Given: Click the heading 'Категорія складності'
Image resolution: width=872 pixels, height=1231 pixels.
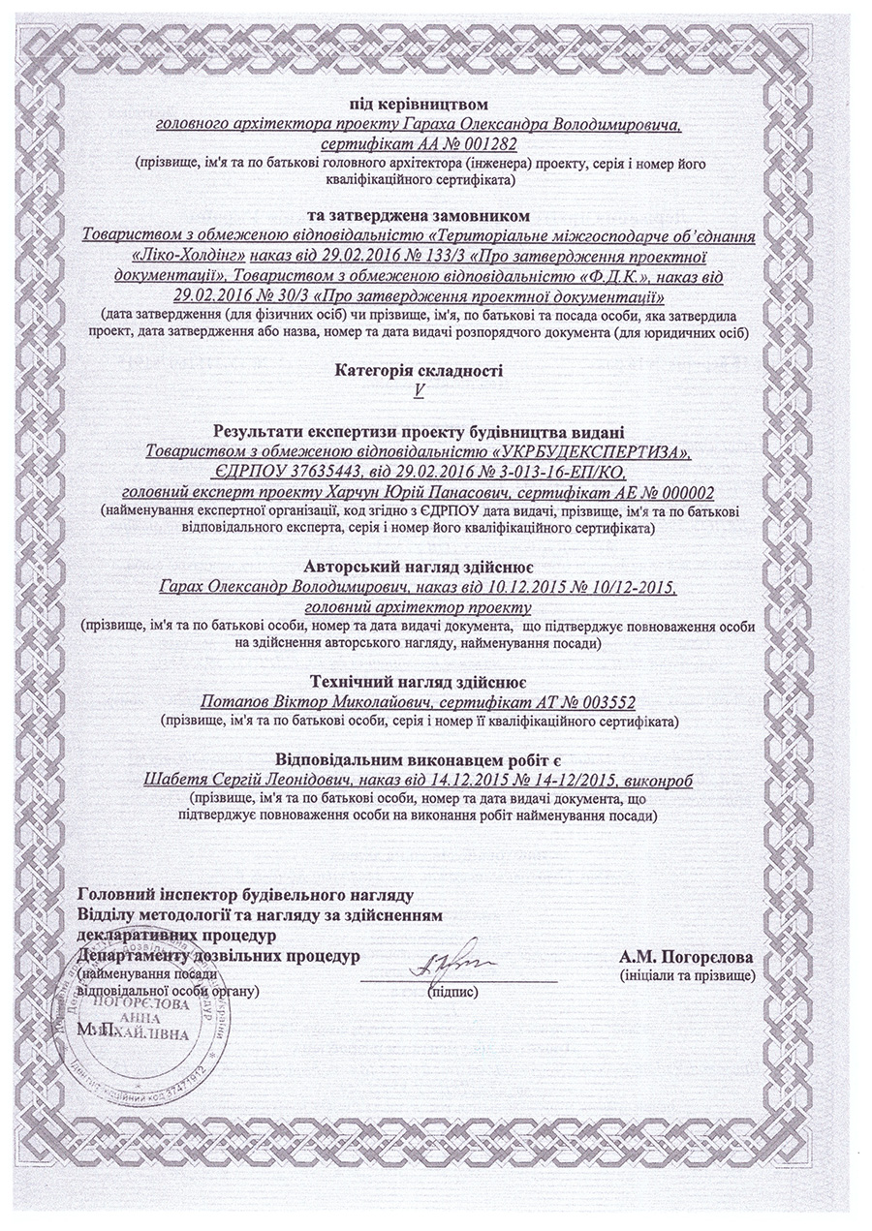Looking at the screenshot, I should pos(420,370).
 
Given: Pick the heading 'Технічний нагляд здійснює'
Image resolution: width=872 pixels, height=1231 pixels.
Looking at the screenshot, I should pos(419,678).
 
